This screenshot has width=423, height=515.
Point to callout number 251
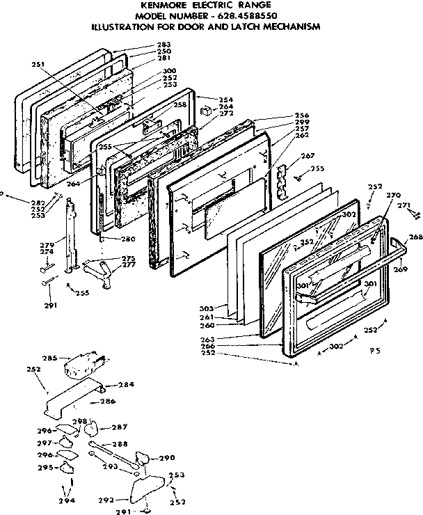(x=38, y=65)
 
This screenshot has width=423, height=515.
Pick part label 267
(x=308, y=156)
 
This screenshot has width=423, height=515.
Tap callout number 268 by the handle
(x=415, y=237)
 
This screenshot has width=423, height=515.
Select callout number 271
(x=402, y=206)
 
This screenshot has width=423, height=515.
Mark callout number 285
(x=48, y=359)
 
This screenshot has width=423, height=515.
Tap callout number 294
(x=66, y=500)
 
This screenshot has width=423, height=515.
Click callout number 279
(x=47, y=244)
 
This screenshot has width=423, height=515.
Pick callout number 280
(x=127, y=240)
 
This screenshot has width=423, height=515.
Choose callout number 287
(x=119, y=427)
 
